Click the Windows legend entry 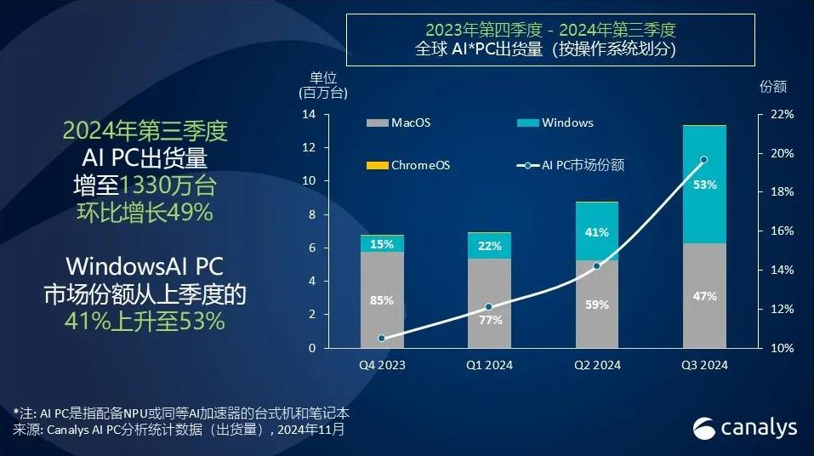(555, 123)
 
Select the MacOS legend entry (398, 123)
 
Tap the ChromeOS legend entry (408, 165)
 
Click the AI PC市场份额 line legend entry (571, 165)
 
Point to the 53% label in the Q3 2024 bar (704, 185)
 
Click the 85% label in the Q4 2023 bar (382, 300)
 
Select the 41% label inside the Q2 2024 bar (596, 232)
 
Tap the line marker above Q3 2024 (704, 159)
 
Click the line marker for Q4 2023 (382, 338)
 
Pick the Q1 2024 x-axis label (489, 365)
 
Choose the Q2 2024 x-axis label (597, 365)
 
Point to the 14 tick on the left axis (309, 114)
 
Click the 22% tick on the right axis (782, 114)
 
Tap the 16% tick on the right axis (782, 231)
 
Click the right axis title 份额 (773, 86)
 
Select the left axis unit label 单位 (323, 78)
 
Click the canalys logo (744, 428)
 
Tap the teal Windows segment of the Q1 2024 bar (489, 246)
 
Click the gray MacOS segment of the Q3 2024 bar (704, 295)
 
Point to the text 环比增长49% (145, 213)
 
